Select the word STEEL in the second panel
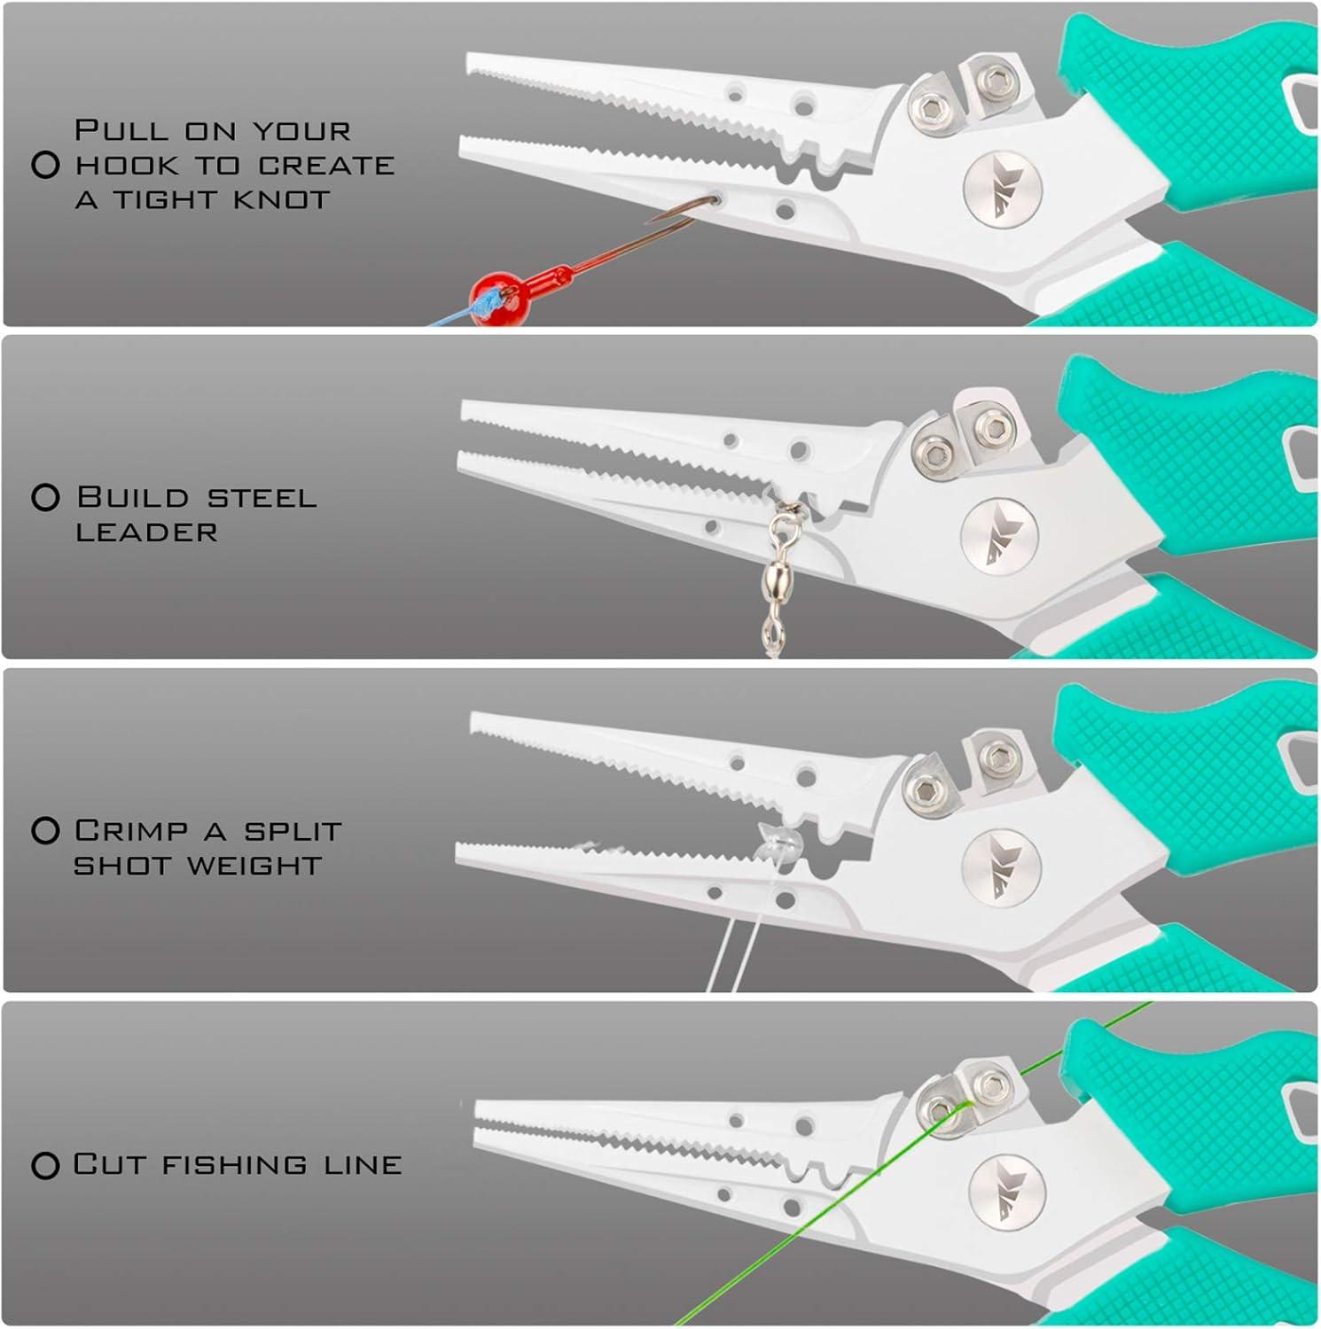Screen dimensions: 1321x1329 coord(262,497)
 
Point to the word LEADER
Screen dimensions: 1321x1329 coord(147,532)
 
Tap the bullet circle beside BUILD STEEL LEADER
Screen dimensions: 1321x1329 coord(45,497)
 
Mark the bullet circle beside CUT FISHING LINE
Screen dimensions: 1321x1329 coord(45,1165)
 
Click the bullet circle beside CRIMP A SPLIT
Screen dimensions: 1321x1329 coord(45,830)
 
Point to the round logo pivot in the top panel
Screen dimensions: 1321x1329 coord(1003,189)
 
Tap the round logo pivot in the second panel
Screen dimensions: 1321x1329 coord(999,536)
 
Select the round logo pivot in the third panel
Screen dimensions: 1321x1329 coord(1001,867)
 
